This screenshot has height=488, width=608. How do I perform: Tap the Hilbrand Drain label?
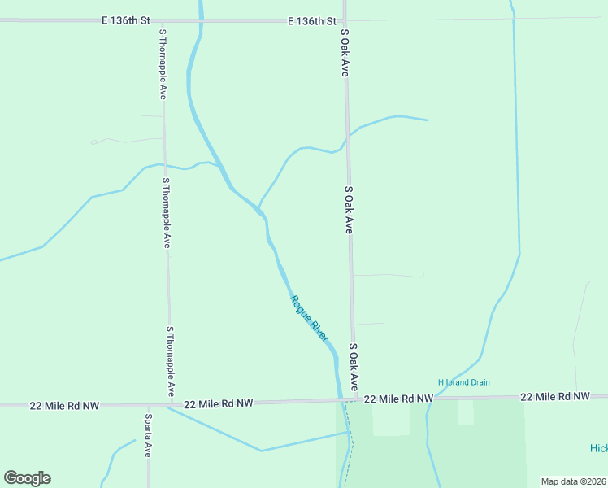tap(464, 382)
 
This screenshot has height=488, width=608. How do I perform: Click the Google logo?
tap(27, 478)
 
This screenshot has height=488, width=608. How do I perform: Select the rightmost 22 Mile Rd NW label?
tap(554, 396)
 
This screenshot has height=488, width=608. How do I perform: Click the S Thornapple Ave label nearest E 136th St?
tap(163, 64)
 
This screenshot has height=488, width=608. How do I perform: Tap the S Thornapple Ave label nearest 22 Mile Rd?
tap(170, 362)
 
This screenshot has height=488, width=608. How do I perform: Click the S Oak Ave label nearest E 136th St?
tap(345, 54)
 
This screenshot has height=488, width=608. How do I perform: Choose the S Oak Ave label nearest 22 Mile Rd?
tap(354, 367)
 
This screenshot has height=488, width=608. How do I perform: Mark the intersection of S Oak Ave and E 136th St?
tap(344, 20)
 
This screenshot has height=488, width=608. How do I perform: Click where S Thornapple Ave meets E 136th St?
tap(161, 20)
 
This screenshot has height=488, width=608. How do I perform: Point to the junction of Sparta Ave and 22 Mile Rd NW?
tap(148, 404)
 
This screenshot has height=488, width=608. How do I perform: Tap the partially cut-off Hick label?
tap(598, 449)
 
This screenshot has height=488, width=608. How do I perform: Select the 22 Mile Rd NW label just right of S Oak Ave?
tap(397, 399)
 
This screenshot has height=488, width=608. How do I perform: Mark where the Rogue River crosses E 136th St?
tap(200, 20)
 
